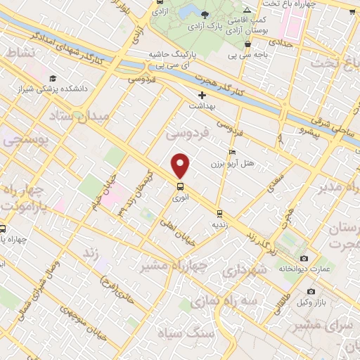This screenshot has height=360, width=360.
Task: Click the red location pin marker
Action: [181, 166]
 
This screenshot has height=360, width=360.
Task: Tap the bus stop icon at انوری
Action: [181, 186]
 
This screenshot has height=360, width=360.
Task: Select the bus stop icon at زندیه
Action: [220, 213]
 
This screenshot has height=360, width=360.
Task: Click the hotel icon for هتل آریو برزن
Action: [232, 152]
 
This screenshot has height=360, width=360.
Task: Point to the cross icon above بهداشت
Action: [202, 94]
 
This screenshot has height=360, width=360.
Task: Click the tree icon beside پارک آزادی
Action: [205, 14]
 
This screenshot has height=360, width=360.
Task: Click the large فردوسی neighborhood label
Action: [188, 132]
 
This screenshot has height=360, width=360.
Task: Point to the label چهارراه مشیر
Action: [165, 265]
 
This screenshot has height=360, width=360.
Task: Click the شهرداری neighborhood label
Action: [243, 271]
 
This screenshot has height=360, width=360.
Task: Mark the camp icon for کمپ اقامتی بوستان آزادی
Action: [246, 9]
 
